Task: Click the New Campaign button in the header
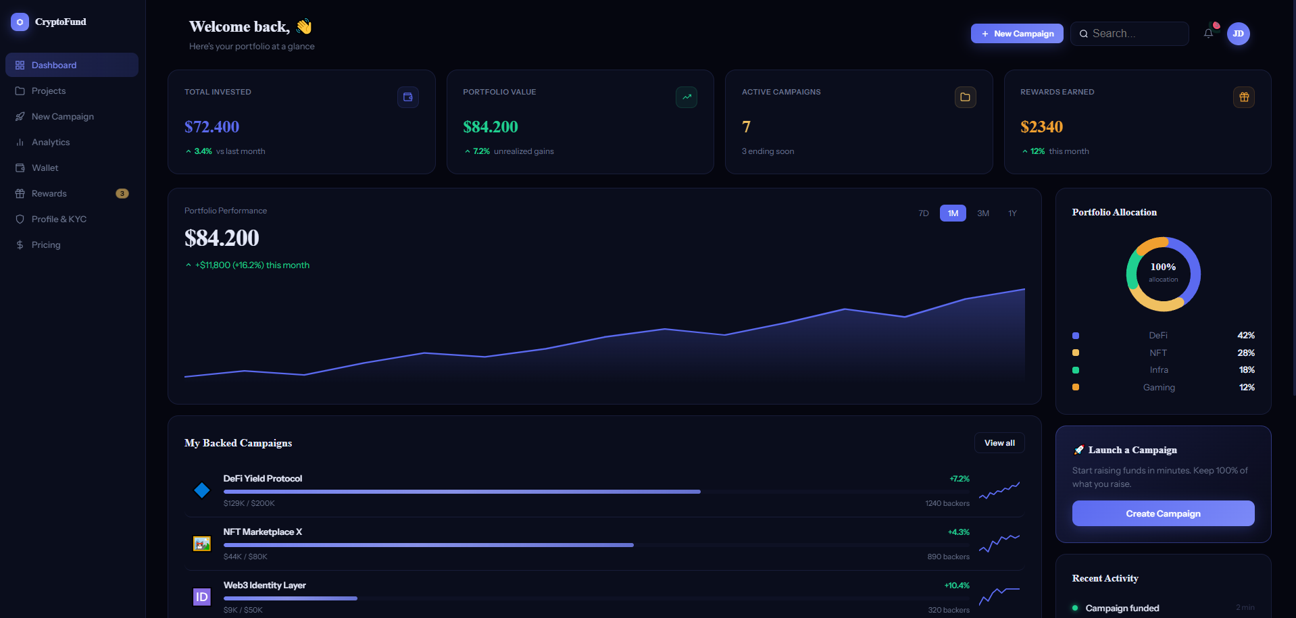tap(1017, 34)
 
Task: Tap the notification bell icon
tap(1208, 34)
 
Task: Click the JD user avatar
tap(1238, 34)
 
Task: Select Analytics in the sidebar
tap(51, 143)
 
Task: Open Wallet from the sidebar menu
tap(45, 168)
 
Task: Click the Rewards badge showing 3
tap(122, 194)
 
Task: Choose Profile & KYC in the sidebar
tap(59, 220)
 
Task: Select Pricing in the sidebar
tap(46, 245)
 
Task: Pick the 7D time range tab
tap(924, 213)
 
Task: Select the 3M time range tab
tap(983, 213)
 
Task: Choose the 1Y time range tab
tap(1012, 213)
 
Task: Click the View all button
tap(999, 443)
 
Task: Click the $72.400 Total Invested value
tap(211, 127)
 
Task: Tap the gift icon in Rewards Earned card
tap(1244, 97)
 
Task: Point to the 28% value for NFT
tap(1246, 353)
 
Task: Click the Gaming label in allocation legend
tap(1159, 388)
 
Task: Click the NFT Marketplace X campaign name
tap(263, 532)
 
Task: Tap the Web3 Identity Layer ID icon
tap(202, 597)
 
